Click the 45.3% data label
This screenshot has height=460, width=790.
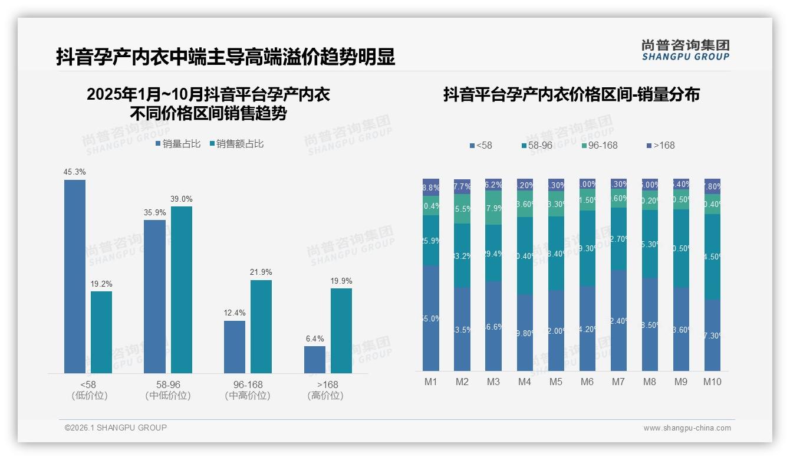75,172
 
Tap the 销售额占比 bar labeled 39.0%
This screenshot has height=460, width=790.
182,290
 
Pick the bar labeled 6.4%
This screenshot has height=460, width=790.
315,359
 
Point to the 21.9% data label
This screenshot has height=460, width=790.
261,272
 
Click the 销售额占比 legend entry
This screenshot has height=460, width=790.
236,144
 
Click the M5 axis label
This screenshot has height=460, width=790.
556,382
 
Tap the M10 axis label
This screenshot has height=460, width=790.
712,382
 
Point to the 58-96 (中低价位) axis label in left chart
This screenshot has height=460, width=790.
167,390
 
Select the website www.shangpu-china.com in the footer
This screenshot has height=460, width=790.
687,428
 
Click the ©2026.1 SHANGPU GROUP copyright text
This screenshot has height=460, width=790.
116,428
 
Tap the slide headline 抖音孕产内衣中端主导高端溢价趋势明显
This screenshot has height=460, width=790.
225,57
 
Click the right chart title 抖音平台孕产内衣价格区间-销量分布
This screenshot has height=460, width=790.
571,94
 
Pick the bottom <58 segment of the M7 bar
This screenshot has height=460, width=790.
618,320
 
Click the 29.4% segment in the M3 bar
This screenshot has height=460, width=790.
493,253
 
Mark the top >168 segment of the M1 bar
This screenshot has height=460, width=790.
431,187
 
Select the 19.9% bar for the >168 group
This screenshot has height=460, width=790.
341,330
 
